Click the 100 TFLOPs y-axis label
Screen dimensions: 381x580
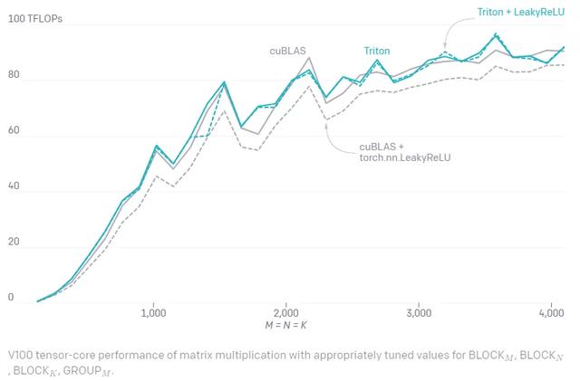(36, 18)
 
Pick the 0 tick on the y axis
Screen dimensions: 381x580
(10, 297)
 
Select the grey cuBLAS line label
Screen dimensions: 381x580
(286, 51)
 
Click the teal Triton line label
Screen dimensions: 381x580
(377, 51)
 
